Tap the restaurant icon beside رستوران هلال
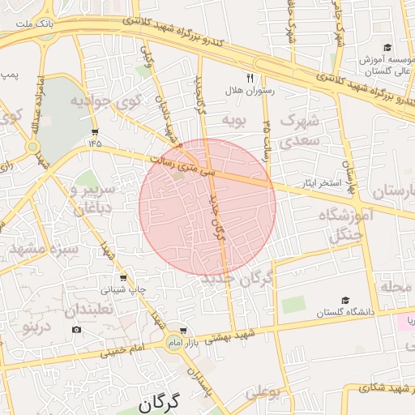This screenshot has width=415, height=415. pos(250,79)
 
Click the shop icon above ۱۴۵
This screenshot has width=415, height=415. pos(96,131)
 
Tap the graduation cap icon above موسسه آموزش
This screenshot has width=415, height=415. pos(387,48)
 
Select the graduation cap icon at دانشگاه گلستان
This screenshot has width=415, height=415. pos(346,301)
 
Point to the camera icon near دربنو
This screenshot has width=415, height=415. pos(76,329)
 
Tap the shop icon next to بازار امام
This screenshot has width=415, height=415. pos(183,331)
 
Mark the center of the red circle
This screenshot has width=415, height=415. pos(207,206)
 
